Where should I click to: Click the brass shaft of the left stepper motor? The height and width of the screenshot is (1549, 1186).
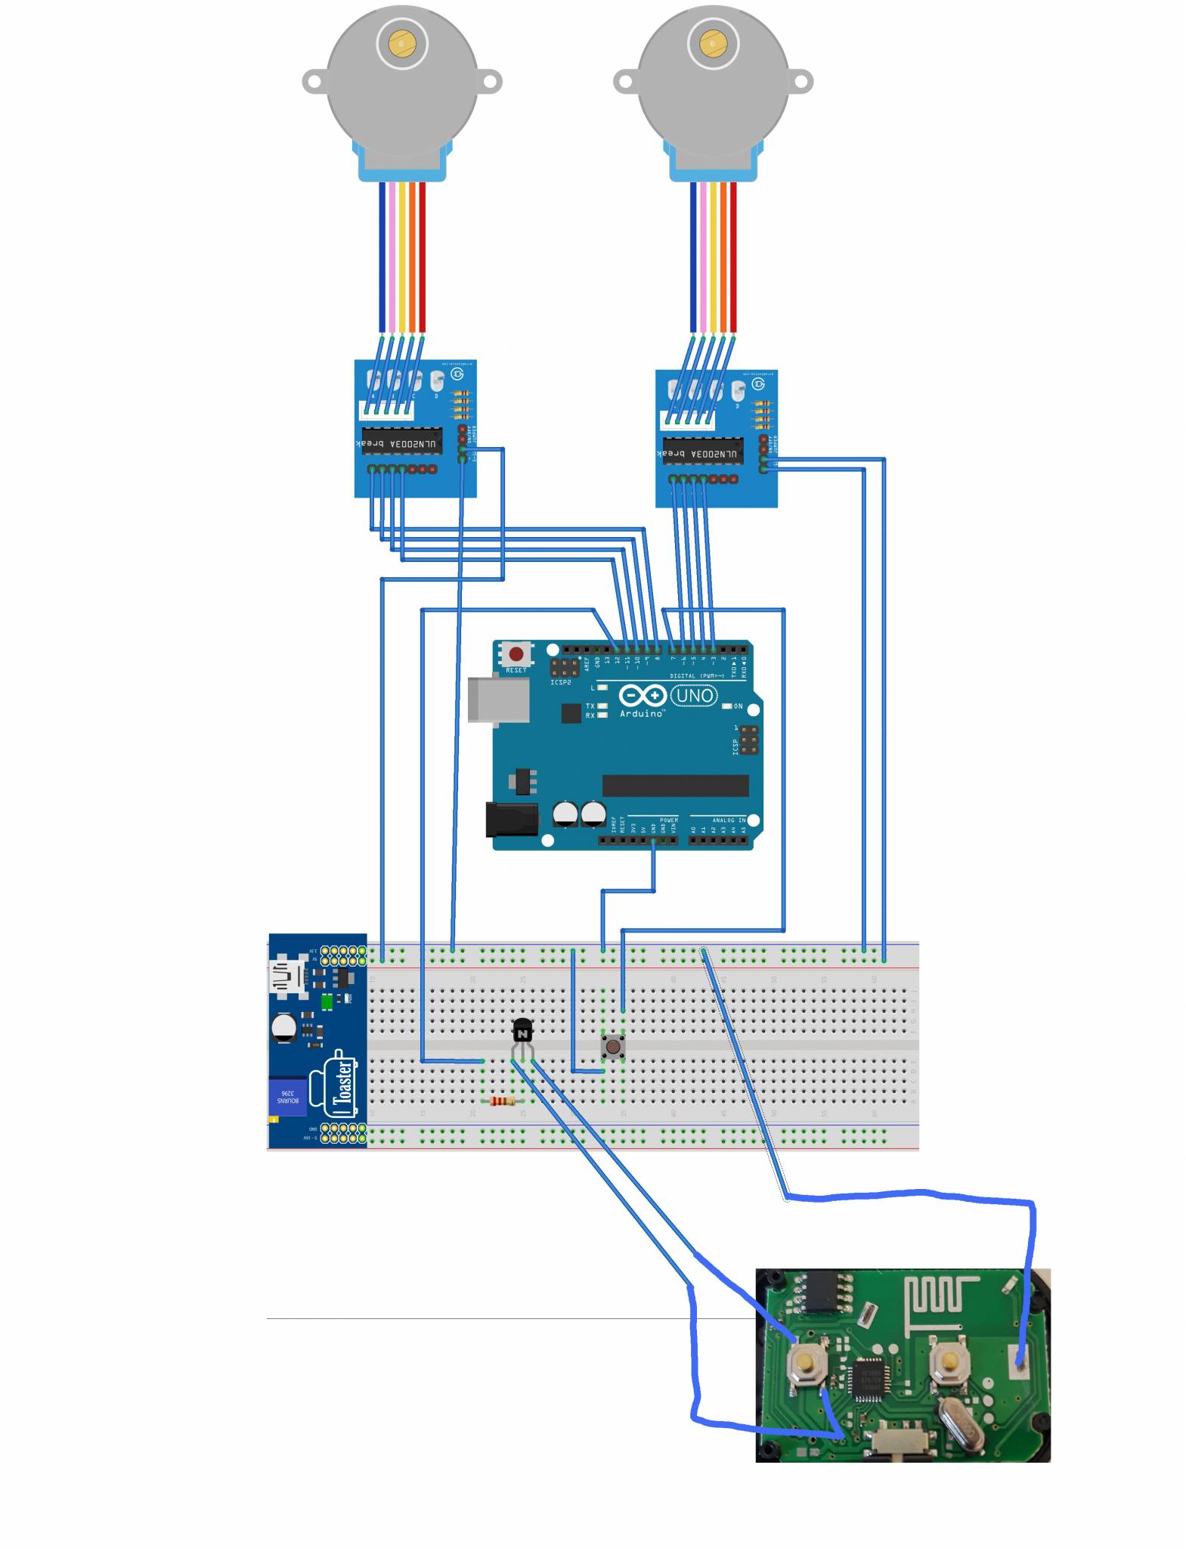click(x=402, y=44)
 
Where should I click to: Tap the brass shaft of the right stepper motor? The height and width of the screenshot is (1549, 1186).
click(x=713, y=44)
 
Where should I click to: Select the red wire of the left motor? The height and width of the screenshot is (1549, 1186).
click(x=423, y=257)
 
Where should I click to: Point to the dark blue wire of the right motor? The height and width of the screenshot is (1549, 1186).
click(x=693, y=257)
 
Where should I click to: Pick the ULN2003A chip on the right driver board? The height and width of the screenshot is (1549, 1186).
click(x=702, y=452)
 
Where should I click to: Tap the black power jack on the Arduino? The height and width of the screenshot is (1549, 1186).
click(x=512, y=819)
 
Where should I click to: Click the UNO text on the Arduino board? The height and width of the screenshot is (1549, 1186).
click(x=694, y=695)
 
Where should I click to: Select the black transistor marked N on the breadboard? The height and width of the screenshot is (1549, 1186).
click(x=522, y=1031)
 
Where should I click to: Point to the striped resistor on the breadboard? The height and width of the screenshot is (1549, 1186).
click(x=503, y=1101)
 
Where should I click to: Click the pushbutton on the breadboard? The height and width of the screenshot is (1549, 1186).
click(x=613, y=1047)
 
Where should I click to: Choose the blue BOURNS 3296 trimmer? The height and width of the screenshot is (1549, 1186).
click(x=288, y=1096)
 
